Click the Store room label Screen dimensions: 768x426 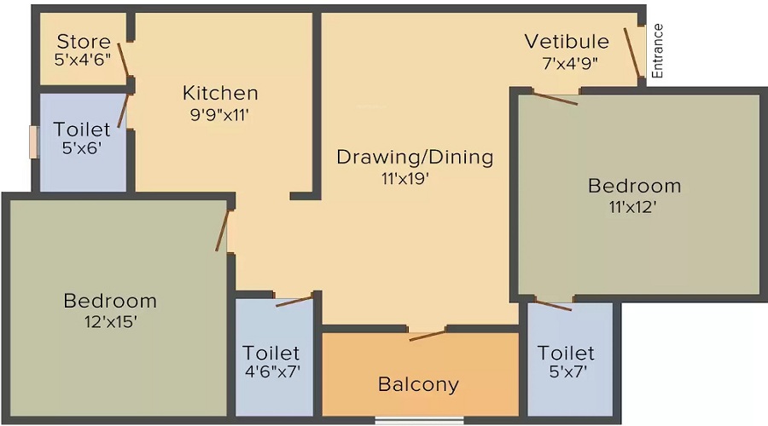[84, 42]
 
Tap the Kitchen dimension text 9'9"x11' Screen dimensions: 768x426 [220, 115]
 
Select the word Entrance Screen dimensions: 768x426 [657, 51]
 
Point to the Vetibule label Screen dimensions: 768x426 [567, 42]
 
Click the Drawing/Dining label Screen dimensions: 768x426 [415, 158]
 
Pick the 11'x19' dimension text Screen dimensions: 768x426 [405, 179]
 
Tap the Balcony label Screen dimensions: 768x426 [418, 384]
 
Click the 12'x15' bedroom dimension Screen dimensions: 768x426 [110, 322]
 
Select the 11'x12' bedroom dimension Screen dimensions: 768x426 [633, 207]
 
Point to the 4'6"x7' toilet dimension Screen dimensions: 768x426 [272, 371]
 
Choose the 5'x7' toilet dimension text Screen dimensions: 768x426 [567, 371]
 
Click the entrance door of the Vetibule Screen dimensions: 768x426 [631, 53]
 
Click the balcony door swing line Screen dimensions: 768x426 [428, 336]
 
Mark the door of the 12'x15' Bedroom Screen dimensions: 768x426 [222, 230]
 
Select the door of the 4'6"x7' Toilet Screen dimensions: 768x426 [294, 302]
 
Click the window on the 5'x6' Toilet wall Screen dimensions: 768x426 [34, 142]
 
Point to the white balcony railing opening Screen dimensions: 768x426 [419, 421]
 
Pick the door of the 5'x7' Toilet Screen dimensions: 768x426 [553, 306]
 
